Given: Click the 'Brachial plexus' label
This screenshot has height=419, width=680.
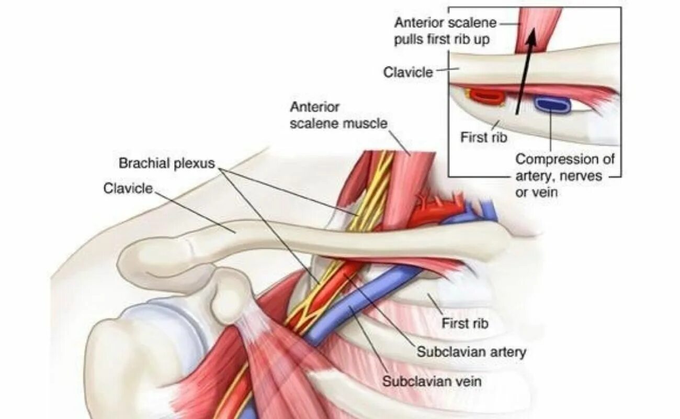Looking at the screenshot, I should point(167,163).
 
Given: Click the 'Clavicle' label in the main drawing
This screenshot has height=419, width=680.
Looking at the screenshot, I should point(128,188).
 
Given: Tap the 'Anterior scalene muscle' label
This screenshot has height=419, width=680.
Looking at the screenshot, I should point(338,116).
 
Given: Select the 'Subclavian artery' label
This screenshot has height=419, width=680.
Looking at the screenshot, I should point(471,352).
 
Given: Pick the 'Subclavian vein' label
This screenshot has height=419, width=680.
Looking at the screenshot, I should point(431,381).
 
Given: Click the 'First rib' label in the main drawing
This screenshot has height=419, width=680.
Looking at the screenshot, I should point(464,323).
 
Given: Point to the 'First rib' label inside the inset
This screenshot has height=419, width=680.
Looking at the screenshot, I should point(483,137).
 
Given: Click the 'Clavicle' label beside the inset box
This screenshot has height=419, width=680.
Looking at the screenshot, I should point(408,72).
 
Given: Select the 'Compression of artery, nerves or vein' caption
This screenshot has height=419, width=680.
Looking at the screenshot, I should point(565,175).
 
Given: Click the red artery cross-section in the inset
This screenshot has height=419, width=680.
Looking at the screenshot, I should point(485,96).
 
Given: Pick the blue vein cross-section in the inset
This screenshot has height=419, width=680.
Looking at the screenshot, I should point(552,104).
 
